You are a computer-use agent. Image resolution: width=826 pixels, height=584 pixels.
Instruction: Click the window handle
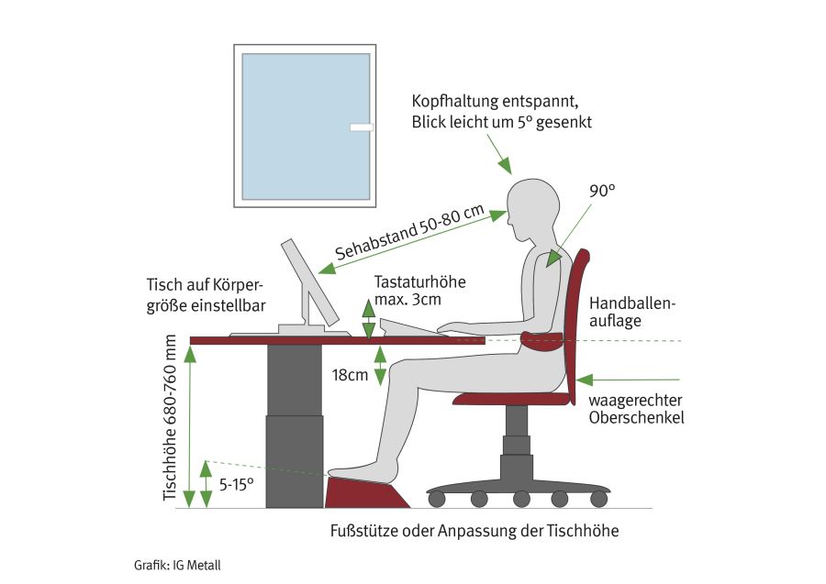click(362, 127)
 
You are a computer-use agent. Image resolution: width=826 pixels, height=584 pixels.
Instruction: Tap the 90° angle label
click(602, 191)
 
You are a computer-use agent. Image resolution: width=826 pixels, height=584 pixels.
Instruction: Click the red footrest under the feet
click(367, 492)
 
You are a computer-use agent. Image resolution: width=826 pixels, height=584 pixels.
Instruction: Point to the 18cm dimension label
click(350, 375)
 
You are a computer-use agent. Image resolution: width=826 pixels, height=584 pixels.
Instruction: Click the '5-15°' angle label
click(237, 484)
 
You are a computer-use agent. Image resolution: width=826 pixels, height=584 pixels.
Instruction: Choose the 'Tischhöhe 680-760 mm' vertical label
click(170, 418)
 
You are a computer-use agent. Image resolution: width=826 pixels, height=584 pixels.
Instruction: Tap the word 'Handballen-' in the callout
click(632, 303)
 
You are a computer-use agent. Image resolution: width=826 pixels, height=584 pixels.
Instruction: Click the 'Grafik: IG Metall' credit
click(177, 566)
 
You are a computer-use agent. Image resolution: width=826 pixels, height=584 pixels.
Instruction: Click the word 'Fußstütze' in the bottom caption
click(364, 531)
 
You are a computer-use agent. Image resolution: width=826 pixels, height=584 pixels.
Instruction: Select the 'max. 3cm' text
click(407, 300)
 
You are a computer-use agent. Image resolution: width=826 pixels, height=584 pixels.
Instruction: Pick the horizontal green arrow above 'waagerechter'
click(628, 380)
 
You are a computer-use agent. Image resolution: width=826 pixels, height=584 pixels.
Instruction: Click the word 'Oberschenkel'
click(636, 418)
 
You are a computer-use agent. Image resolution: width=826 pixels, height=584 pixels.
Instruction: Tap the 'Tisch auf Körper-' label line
click(205, 285)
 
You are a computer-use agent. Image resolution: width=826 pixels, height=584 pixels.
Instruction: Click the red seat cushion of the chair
click(512, 399)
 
